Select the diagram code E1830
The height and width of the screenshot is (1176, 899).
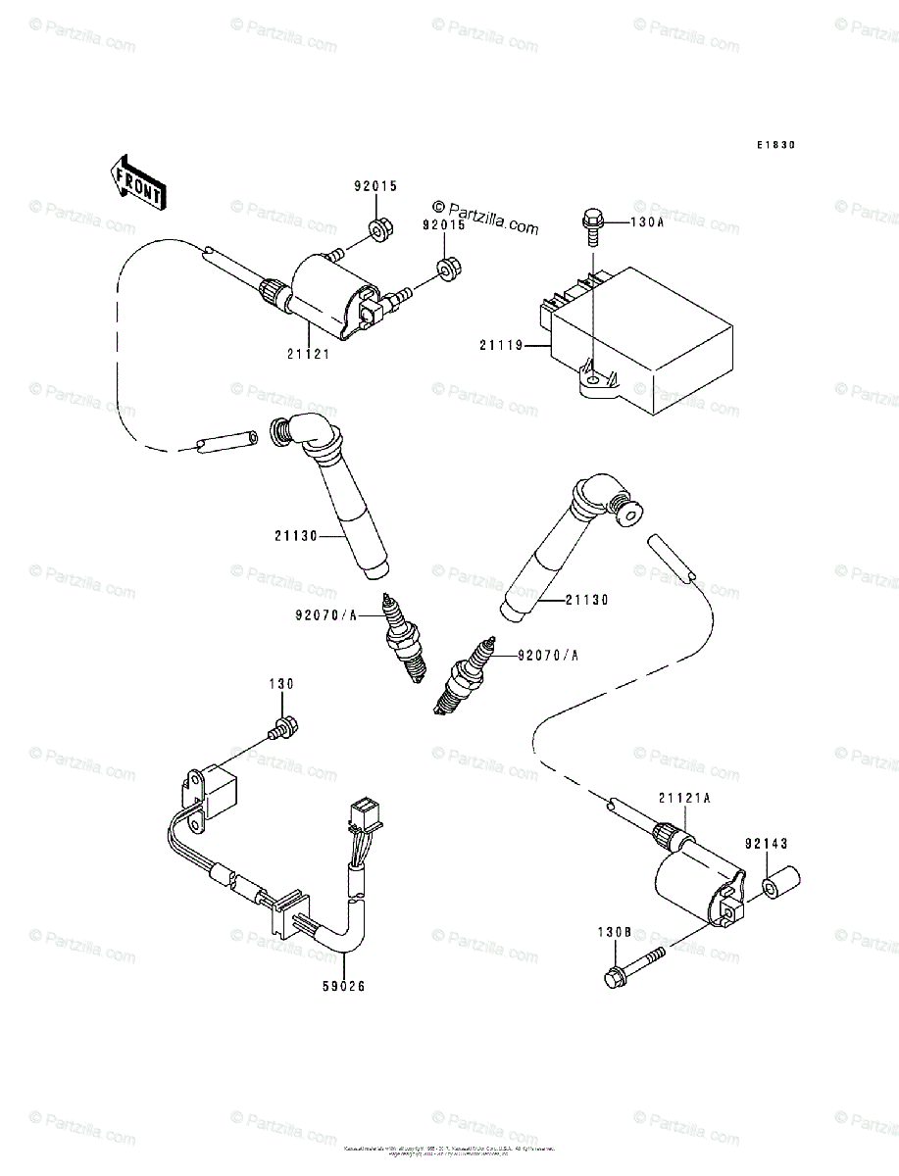click(x=774, y=145)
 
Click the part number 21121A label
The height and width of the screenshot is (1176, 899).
click(x=684, y=799)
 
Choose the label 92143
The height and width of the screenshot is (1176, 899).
click(x=766, y=843)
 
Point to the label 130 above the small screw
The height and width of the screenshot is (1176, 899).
click(x=281, y=683)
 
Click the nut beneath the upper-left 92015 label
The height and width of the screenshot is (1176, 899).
click(x=377, y=232)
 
